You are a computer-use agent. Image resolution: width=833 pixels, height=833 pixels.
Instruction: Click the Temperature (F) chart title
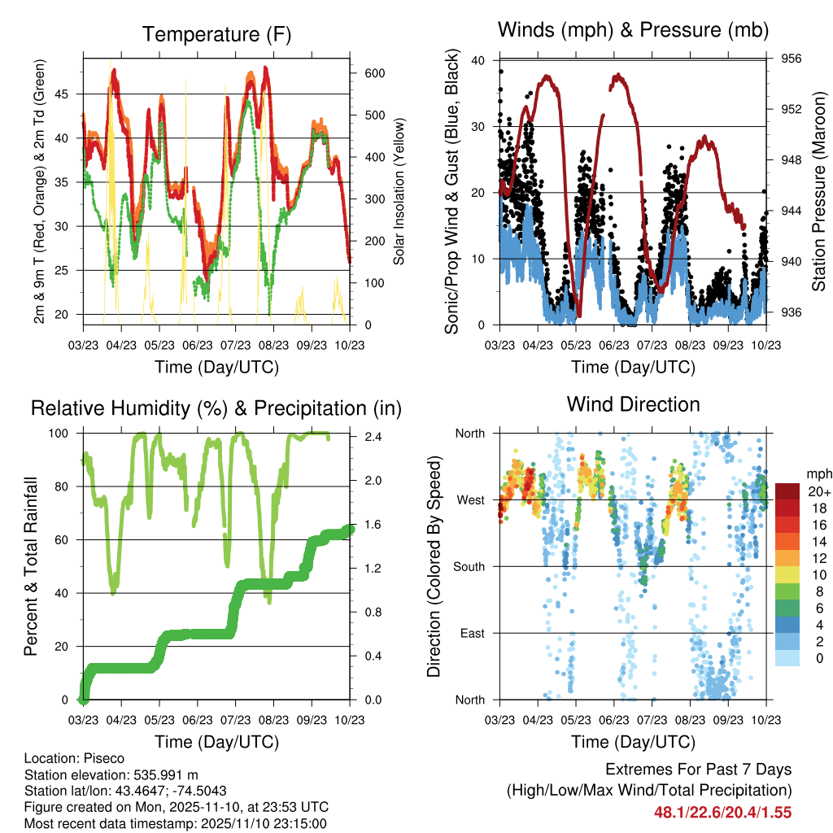pyautogui.click(x=216, y=34)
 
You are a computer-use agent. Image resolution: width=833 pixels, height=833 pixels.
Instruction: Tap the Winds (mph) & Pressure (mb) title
pyautogui.click(x=633, y=31)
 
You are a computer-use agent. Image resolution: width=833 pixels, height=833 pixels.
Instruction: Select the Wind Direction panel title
pyautogui.click(x=633, y=404)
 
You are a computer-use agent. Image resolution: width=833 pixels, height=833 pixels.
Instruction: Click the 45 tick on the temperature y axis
pyautogui.click(x=71, y=94)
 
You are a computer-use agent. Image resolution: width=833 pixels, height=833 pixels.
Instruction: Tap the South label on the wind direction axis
pyautogui.click(x=470, y=566)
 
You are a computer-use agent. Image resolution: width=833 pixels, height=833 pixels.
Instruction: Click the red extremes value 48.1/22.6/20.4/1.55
pyautogui.click(x=722, y=812)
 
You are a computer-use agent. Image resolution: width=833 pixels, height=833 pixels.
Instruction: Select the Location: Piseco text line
pyautogui.click(x=75, y=758)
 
